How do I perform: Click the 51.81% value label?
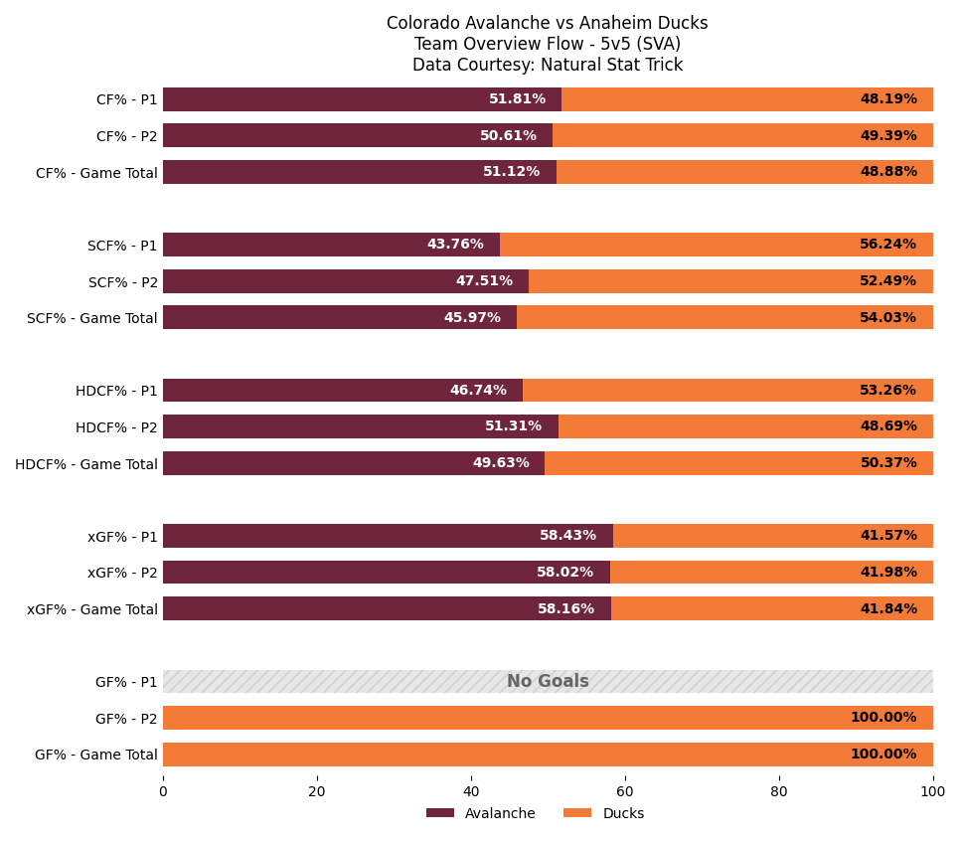(517, 99)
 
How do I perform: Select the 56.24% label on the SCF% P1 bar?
(887, 245)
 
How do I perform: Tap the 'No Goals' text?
(548, 682)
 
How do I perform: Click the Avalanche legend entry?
(481, 813)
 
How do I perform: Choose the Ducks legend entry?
(603, 813)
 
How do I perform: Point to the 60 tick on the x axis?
(625, 792)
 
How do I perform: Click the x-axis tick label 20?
(317, 792)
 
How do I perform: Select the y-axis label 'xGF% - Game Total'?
(92, 609)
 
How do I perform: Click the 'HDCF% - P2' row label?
(116, 427)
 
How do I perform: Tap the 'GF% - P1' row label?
(126, 682)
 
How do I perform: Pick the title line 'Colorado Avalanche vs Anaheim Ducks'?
(547, 24)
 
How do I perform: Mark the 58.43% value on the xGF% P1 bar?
(567, 536)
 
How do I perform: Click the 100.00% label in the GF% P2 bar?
(882, 718)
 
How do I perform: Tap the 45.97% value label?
(472, 318)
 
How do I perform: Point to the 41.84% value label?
(887, 609)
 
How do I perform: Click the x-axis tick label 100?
(932, 792)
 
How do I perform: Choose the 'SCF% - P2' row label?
(123, 282)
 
